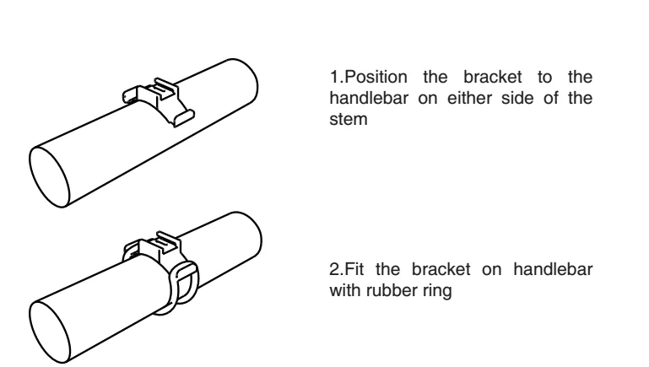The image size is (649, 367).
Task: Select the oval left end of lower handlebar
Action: [52, 324]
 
